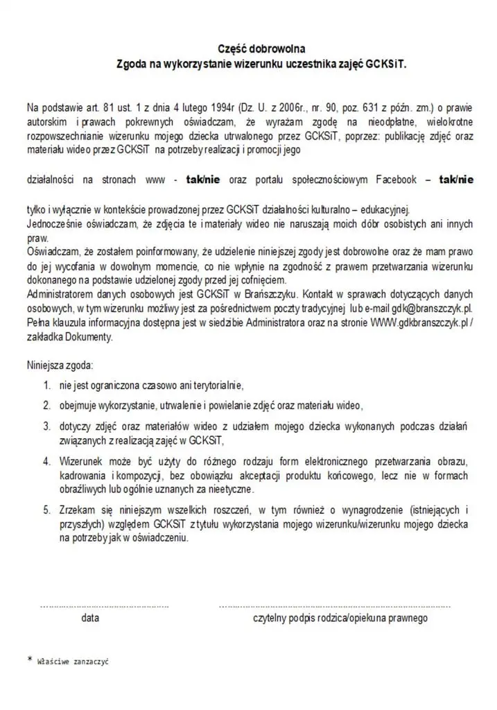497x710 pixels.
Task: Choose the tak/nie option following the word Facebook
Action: point(456,180)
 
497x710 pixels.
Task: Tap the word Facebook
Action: point(396,180)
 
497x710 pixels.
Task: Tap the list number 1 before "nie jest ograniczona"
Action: point(46,386)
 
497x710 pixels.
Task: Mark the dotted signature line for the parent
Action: point(334,606)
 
